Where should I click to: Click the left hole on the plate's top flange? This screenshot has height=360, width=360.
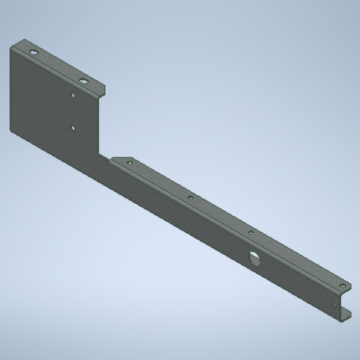coord(33,53)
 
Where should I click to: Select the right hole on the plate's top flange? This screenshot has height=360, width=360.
coord(84,81)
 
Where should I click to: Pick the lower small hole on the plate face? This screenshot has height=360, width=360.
coord(73,127)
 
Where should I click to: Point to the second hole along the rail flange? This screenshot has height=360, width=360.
coord(190,197)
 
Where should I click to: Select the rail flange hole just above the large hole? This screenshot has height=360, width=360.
coord(251,233)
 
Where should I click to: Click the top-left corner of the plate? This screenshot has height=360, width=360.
coord(12,47)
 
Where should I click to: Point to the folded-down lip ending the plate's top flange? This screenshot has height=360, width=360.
coord(104,93)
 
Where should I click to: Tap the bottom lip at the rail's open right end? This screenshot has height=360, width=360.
coord(346,314)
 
